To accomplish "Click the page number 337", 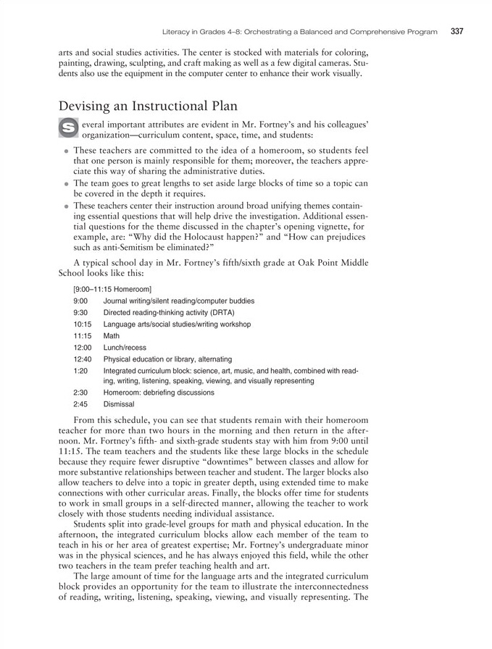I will click(456, 32).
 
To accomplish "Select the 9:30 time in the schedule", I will click(80, 312).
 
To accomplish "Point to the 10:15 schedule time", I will click(83, 324).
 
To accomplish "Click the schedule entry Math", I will click(112, 336).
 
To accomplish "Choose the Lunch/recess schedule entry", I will click(125, 348).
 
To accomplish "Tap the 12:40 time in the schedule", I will click(83, 359).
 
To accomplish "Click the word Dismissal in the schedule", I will click(119, 404).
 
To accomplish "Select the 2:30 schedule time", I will click(80, 393).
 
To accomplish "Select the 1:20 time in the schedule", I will click(80, 370).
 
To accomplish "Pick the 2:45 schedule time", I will click(80, 404).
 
